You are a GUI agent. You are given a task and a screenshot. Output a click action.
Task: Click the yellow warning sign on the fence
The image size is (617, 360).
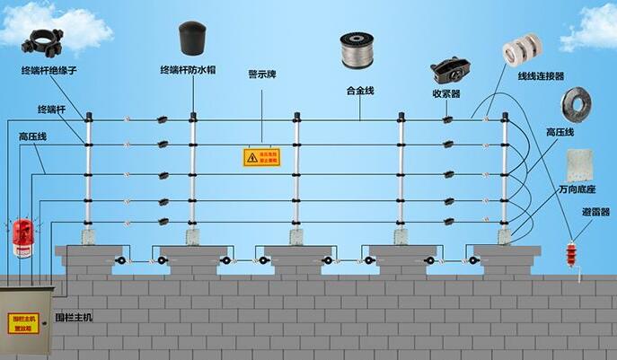(x=262, y=157)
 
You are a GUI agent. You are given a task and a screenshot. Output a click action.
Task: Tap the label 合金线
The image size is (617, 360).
(x=359, y=91)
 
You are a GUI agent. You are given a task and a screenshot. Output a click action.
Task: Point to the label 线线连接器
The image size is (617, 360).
(x=540, y=77)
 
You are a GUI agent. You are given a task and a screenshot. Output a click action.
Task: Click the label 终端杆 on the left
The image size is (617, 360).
(x=51, y=109)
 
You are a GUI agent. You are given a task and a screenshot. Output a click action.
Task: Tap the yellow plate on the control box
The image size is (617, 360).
(x=23, y=323)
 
